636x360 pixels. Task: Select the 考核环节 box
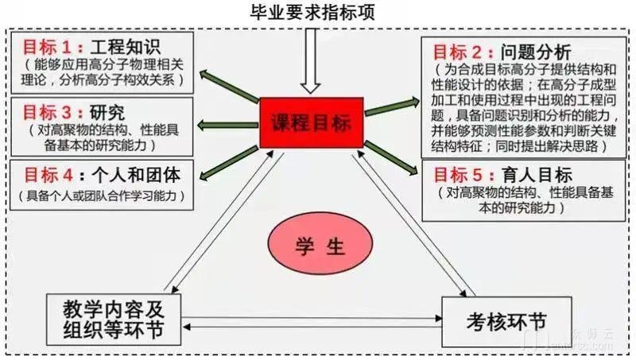click(506, 321)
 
